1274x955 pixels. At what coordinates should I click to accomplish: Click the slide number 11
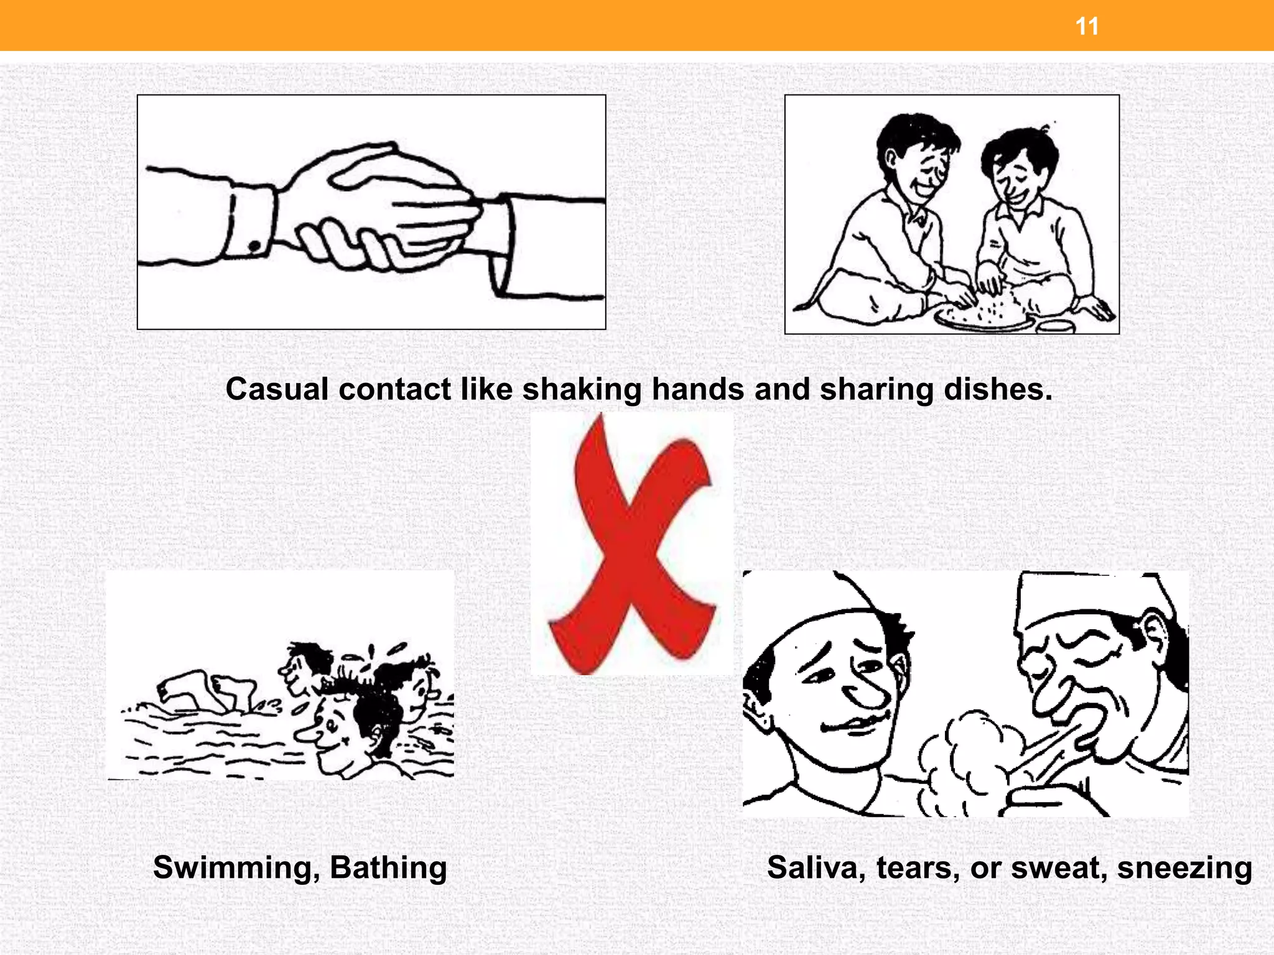(1087, 27)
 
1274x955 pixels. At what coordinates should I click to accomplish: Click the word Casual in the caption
(277, 390)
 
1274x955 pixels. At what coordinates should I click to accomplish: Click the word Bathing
(388, 868)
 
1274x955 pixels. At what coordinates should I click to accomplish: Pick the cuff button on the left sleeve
(254, 247)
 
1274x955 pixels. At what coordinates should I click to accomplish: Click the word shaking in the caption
(581, 390)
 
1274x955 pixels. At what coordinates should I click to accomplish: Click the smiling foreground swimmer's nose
(306, 735)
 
